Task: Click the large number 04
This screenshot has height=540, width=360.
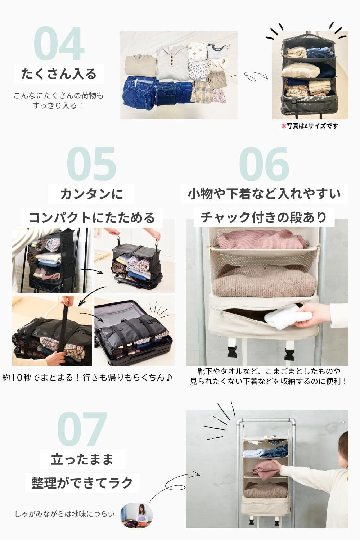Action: point(59,44)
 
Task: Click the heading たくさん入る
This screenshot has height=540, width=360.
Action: point(59,74)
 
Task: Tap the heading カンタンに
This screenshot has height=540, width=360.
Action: point(92,194)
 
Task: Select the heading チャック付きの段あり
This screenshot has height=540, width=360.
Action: point(264,217)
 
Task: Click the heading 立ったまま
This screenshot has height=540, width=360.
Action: point(82,459)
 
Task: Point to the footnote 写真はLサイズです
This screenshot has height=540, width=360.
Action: point(310,126)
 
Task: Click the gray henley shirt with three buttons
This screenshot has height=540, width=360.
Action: point(172,63)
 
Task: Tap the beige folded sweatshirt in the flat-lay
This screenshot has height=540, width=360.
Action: point(140,66)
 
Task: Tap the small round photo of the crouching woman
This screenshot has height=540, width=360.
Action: point(136,515)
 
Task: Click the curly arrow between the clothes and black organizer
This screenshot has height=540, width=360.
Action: point(249,77)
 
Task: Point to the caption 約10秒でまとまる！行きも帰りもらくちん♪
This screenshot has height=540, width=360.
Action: point(87,378)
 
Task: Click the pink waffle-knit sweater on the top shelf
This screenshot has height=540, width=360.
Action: point(262,239)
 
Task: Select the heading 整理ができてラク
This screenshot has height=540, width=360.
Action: point(82,483)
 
